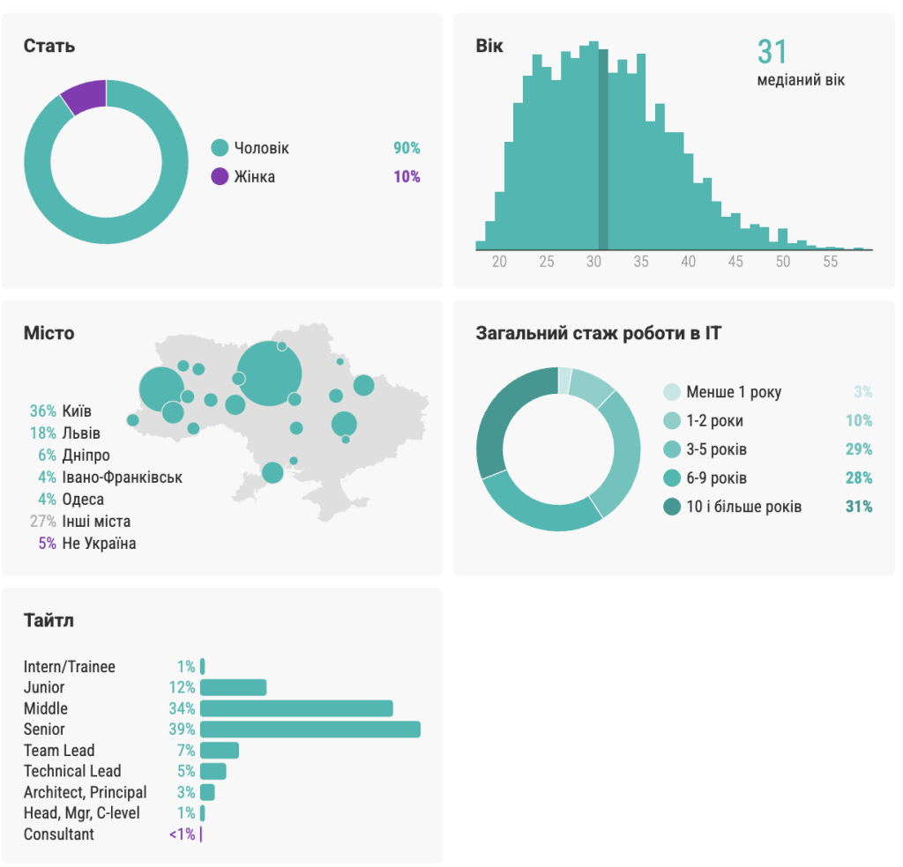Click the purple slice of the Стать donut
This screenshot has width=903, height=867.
click(x=85, y=95)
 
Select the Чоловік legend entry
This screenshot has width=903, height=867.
click(x=261, y=148)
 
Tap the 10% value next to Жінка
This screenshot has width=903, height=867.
click(x=407, y=176)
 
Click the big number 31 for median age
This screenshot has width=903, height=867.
click(x=772, y=52)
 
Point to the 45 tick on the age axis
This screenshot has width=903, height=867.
click(x=735, y=262)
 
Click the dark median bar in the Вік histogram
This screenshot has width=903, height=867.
click(x=603, y=150)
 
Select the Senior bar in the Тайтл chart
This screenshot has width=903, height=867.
click(x=310, y=730)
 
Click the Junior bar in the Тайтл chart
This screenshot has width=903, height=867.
click(x=234, y=687)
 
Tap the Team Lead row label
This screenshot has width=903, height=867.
click(x=59, y=751)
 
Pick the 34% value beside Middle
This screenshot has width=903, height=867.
click(x=182, y=708)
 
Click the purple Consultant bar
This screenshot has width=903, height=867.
click(x=201, y=834)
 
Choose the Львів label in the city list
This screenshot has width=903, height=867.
click(x=81, y=433)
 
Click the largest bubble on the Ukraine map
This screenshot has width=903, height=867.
click(x=270, y=374)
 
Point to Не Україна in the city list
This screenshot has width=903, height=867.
click(x=99, y=543)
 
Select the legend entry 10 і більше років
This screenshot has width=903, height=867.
click(x=744, y=507)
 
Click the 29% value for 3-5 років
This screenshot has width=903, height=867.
click(x=858, y=449)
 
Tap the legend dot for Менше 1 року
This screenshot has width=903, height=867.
click(x=672, y=392)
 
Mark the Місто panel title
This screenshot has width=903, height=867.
click(x=49, y=333)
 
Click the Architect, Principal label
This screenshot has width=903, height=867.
click(x=86, y=792)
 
